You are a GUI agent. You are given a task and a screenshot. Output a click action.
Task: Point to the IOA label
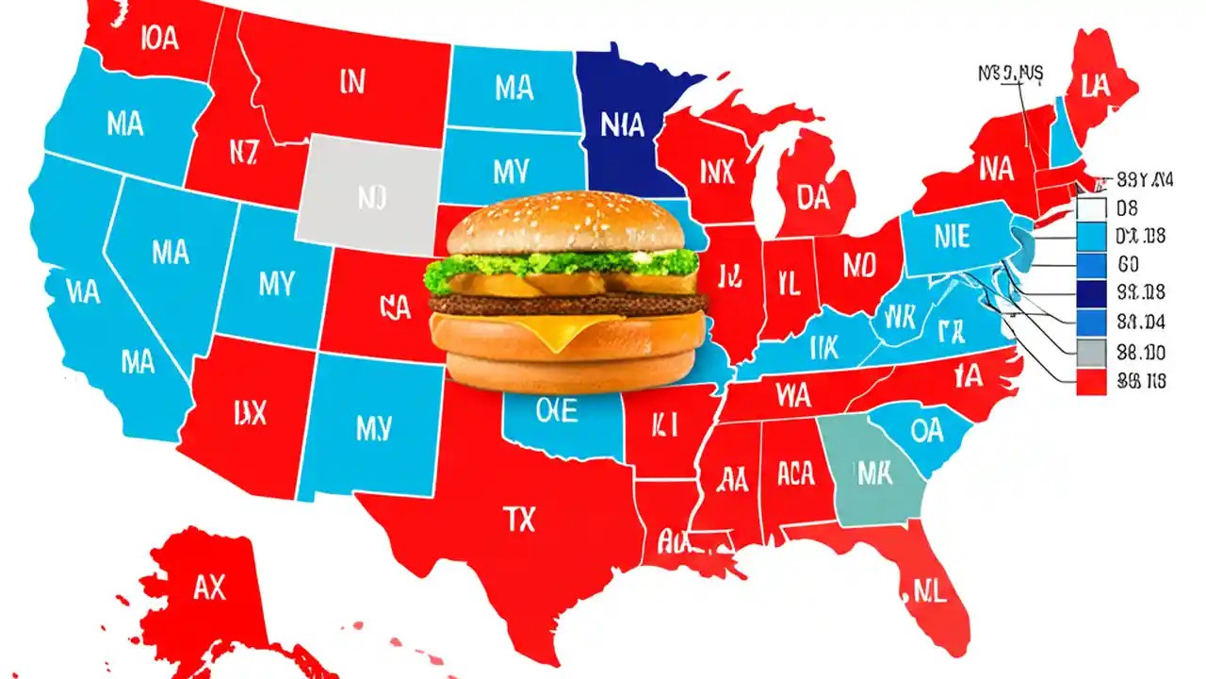(x=157, y=37)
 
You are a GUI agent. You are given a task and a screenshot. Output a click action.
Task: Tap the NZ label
(x=242, y=152)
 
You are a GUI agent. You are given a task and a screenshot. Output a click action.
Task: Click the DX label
(x=250, y=412)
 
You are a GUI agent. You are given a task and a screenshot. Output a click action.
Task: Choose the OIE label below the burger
(x=557, y=409)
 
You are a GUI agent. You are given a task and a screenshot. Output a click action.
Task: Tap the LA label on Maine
(x=1096, y=88)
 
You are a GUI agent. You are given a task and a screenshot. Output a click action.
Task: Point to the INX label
(x=717, y=171)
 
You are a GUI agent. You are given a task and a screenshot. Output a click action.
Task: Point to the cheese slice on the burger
(x=565, y=330)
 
